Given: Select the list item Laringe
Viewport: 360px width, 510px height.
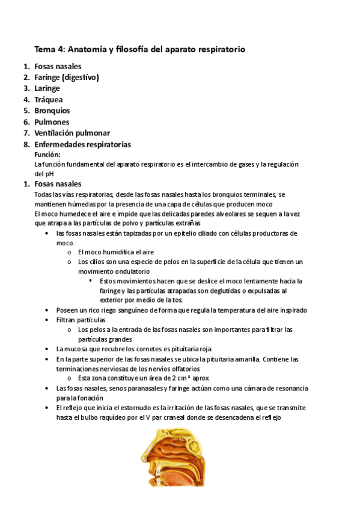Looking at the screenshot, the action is (47, 88).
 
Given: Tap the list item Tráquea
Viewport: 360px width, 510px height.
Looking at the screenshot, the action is (49, 100).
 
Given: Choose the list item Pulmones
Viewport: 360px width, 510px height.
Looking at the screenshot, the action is (52, 122).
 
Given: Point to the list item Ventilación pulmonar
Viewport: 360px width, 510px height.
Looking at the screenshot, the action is (72, 133).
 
